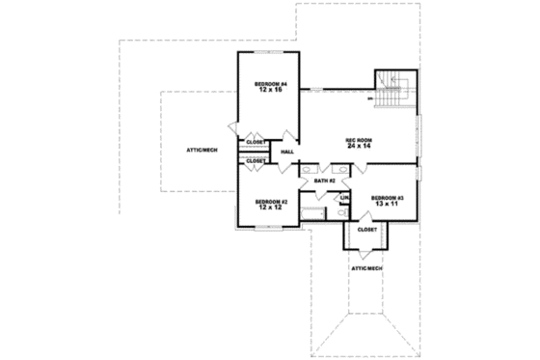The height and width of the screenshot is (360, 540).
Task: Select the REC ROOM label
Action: point(359,140)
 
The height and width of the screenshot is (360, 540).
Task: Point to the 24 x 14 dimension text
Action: point(359,148)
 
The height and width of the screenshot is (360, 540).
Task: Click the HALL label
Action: point(287,152)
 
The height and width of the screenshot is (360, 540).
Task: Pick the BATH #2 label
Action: point(324,180)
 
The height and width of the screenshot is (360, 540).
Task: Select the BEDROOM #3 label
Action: point(386,198)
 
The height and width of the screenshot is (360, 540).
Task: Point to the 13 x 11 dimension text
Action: point(386,205)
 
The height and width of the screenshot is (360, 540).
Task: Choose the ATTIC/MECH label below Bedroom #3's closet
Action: point(366,267)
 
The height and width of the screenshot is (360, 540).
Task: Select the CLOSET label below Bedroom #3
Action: point(367,230)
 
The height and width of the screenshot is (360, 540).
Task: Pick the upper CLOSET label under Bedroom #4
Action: point(256,142)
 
